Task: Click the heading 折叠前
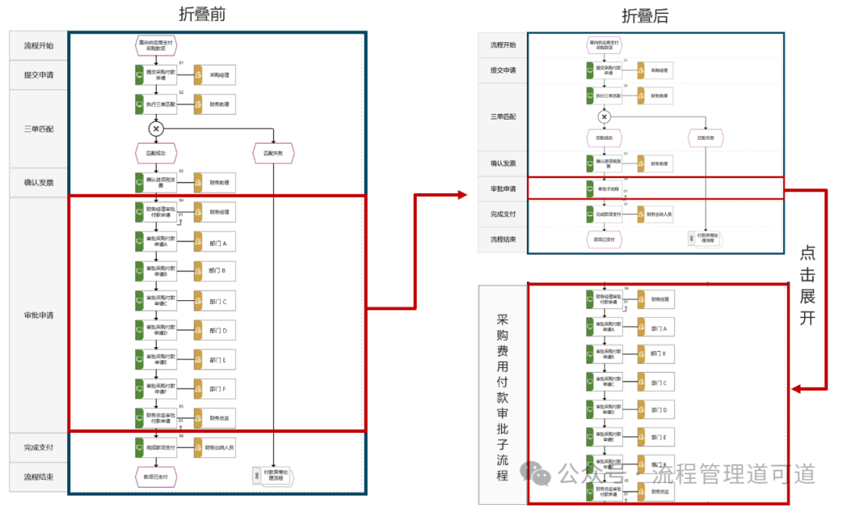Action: (x=201, y=14)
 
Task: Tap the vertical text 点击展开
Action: (x=808, y=286)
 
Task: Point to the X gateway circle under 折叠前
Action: (x=156, y=128)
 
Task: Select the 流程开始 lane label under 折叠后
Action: (x=503, y=45)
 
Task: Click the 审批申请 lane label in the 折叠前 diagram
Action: (x=38, y=315)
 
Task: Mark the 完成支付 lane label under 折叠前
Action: (x=38, y=448)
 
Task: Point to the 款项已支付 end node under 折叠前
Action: (x=156, y=475)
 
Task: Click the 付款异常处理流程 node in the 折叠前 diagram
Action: (x=273, y=475)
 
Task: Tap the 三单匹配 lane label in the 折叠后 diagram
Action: (x=503, y=116)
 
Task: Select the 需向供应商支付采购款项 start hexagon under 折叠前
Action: (x=156, y=45)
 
